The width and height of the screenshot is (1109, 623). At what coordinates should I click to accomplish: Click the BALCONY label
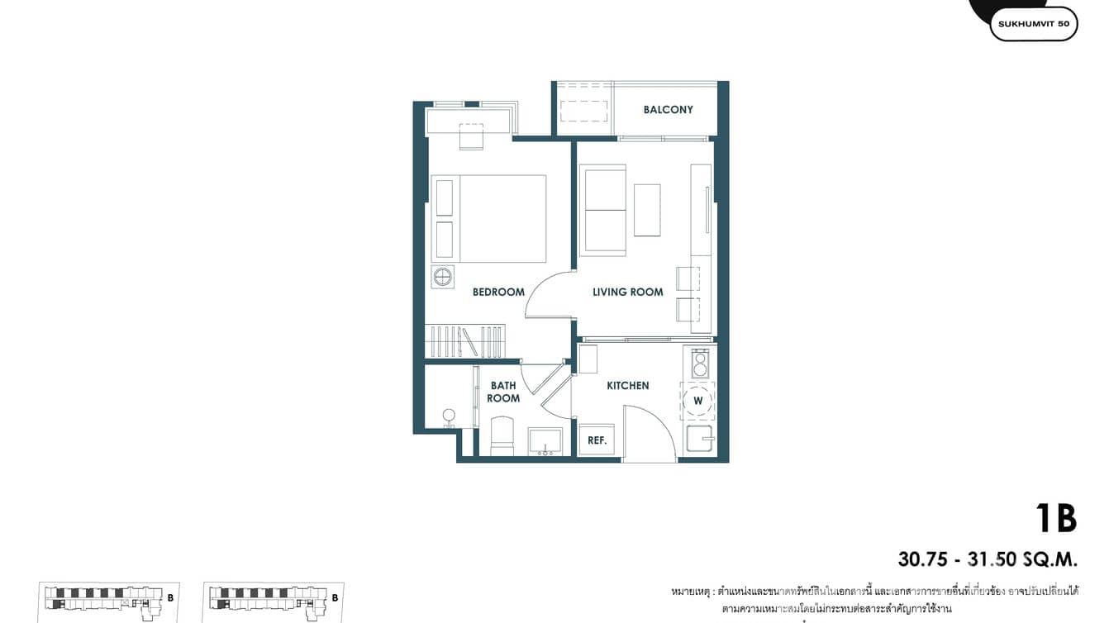point(668,110)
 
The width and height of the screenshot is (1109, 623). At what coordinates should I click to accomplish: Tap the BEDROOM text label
point(498,292)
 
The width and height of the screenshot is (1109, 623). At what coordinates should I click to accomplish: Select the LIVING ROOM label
point(627,292)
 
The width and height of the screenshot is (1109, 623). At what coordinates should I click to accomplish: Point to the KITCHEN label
point(627,386)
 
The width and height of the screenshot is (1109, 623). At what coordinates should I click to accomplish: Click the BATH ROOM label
point(503,392)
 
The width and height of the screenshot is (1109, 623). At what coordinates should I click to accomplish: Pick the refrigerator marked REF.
point(597,440)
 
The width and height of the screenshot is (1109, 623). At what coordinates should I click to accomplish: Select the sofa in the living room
point(605,210)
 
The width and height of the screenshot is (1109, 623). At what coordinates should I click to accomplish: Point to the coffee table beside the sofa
point(647,210)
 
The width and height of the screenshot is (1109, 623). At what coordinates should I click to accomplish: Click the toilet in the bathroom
point(502,437)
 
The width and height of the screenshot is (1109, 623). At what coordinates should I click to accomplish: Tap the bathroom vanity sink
point(545,442)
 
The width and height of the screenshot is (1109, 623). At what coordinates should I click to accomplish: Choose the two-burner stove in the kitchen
point(700,364)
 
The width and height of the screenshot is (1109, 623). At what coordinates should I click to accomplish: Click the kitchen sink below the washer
point(698,439)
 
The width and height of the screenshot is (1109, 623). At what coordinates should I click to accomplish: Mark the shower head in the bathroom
point(449,416)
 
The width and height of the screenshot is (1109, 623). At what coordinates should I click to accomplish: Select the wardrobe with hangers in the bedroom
point(464,341)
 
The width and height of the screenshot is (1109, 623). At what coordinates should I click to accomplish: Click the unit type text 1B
point(1055,519)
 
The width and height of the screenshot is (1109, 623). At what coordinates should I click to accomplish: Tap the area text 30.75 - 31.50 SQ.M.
point(988,559)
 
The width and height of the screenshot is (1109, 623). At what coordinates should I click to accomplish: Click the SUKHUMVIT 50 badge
point(1033,24)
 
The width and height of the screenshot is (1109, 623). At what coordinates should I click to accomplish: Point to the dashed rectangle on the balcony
point(583,110)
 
